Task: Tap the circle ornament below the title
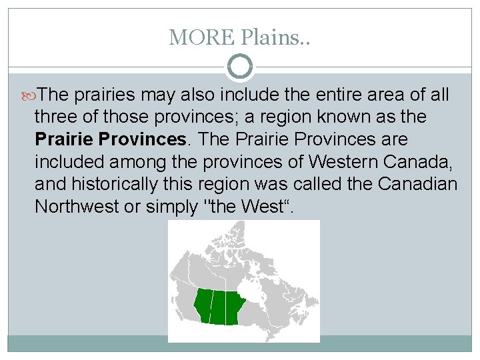pyautogui.click(x=240, y=67)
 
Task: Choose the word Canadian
pyautogui.click(x=418, y=184)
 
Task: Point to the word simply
pyautogui.click(x=168, y=206)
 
